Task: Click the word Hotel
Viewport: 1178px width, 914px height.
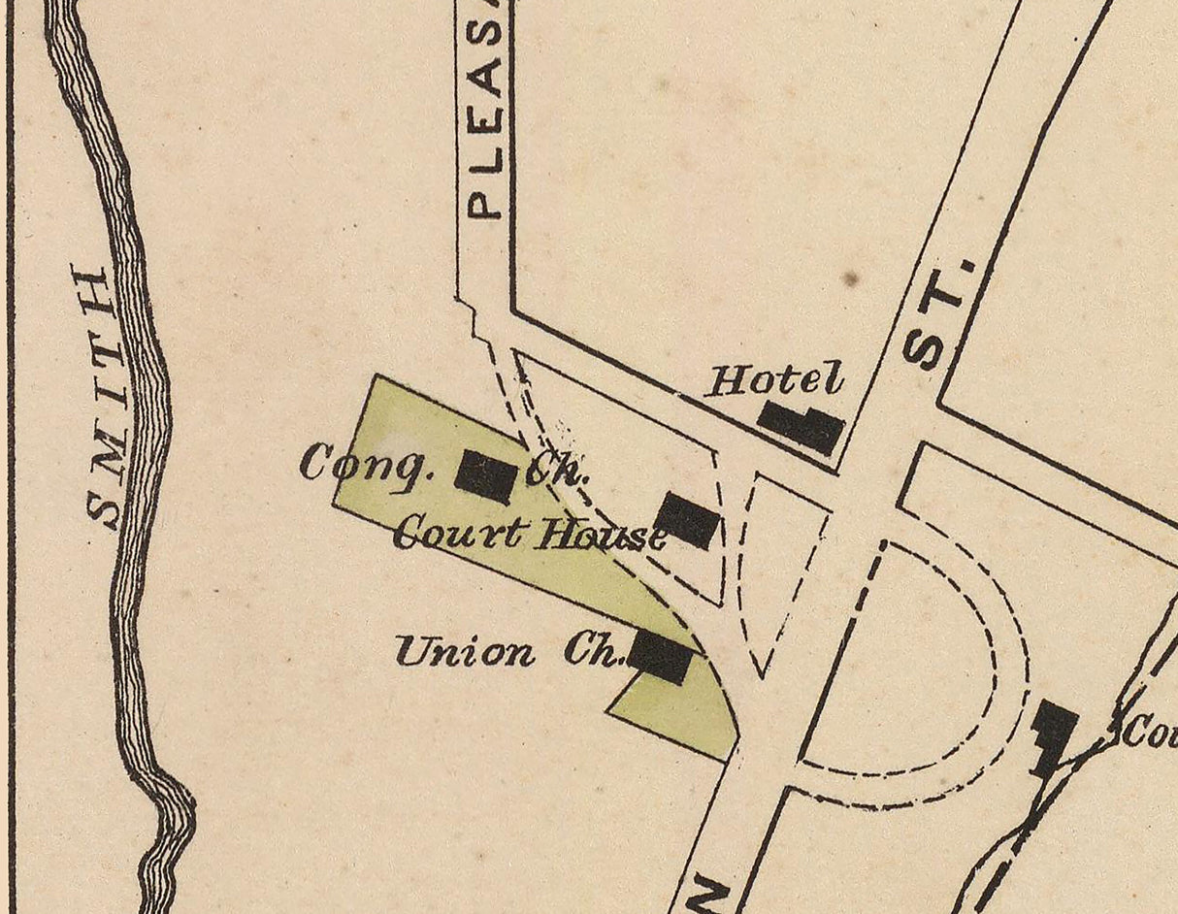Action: (774, 379)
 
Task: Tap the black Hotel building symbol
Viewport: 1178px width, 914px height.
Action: (801, 427)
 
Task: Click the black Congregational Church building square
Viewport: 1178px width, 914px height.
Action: (485, 476)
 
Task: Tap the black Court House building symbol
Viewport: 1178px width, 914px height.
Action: (688, 520)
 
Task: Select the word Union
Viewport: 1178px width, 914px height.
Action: (464, 652)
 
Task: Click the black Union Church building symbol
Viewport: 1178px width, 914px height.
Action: (661, 657)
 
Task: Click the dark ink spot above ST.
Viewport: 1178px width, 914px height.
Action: (851, 279)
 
